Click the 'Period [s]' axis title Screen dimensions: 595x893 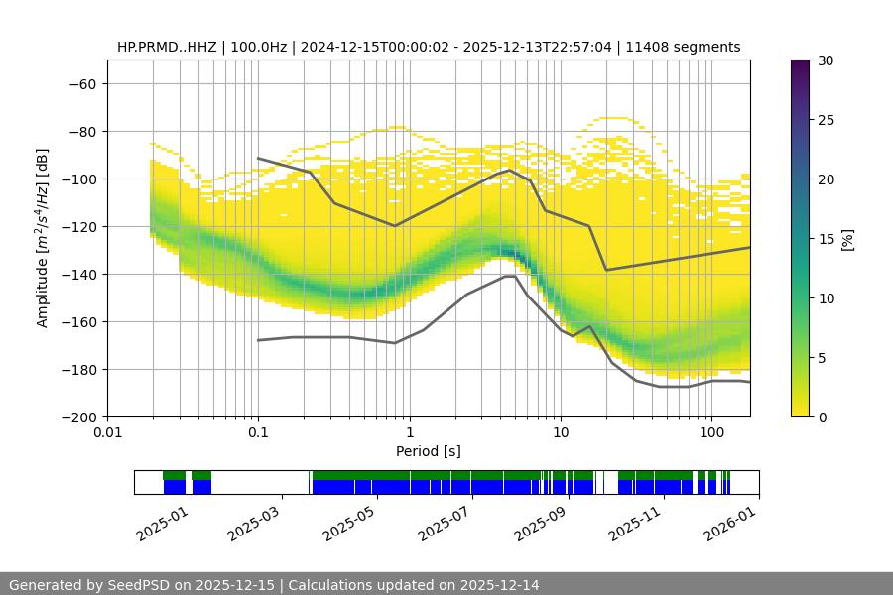(x=429, y=451)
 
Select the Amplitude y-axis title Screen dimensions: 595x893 (x=43, y=238)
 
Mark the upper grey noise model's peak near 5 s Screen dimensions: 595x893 (x=509, y=170)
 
